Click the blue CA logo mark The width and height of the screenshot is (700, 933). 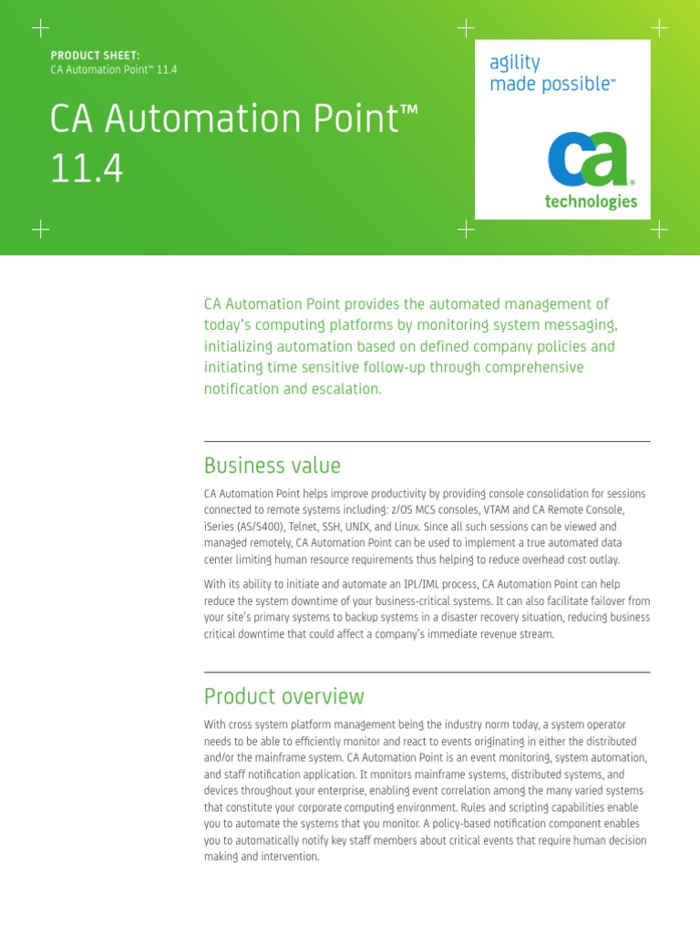pos(588,161)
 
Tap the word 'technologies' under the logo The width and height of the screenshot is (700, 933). pos(591,202)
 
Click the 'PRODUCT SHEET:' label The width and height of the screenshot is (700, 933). pos(95,56)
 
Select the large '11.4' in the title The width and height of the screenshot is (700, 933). pos(87,169)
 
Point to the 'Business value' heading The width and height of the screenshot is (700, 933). pos(272,466)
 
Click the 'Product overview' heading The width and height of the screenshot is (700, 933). pos(283,696)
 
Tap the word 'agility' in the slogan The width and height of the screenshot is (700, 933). pos(515,63)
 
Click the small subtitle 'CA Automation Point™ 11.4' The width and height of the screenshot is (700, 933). pos(113,70)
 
